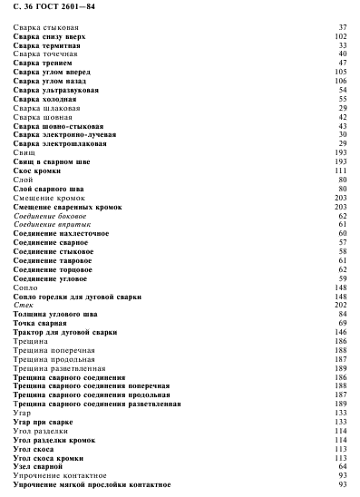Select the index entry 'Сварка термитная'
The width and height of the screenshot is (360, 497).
[x=47, y=44]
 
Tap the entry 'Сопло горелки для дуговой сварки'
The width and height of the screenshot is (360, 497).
[x=78, y=296]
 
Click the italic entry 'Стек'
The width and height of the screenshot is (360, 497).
[x=24, y=305]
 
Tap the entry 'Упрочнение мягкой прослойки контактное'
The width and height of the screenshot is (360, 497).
[x=86, y=484]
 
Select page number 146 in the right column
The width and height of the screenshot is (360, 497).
[x=341, y=332]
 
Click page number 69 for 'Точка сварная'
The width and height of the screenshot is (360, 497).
[x=343, y=323]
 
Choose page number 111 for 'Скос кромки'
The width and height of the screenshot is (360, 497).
[x=341, y=170]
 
